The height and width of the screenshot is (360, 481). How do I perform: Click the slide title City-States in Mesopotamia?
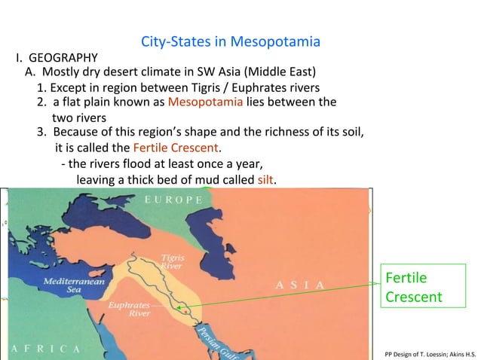click(230, 41)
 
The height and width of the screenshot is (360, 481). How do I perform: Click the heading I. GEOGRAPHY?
click(57, 57)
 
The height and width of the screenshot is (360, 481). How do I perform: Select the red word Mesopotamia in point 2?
click(205, 102)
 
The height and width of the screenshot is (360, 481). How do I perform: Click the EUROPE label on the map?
click(173, 200)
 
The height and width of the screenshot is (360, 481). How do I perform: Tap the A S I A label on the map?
click(300, 285)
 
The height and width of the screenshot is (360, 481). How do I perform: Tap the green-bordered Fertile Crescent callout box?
click(413, 287)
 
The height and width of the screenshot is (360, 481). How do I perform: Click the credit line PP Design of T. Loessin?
click(430, 352)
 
